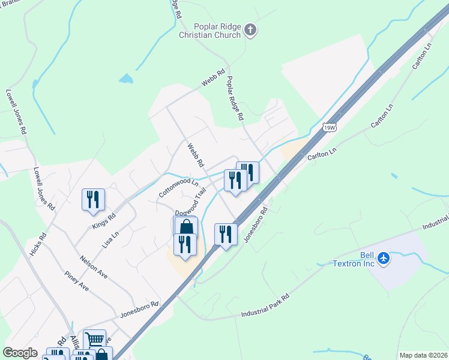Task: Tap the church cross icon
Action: pos(251,28)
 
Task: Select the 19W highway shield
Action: pos(329,127)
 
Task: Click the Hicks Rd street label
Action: pos(37,245)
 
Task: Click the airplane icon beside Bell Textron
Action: pos(384,259)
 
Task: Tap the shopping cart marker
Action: pos(94,340)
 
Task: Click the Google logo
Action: pos(20,353)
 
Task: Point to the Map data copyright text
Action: pos(423,355)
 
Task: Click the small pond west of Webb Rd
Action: pos(126,79)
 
